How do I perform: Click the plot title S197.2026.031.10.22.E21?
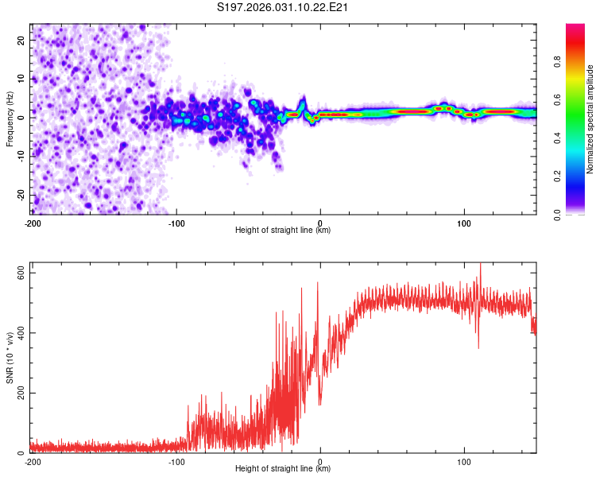(284, 8)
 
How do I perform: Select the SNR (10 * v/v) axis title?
(10, 358)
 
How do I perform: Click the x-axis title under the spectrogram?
(283, 231)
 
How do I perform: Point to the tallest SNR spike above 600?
(479, 266)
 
